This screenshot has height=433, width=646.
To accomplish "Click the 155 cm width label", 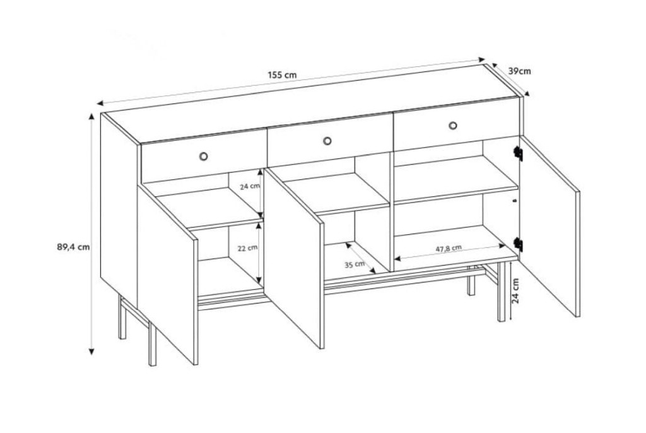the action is [282, 75].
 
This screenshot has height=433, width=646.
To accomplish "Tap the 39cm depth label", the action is [519, 71].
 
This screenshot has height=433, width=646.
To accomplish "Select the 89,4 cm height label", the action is [73, 247].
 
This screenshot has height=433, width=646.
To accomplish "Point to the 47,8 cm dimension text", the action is [449, 248].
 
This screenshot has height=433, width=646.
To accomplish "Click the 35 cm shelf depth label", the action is [355, 264].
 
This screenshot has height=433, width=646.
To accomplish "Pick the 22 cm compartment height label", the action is [247, 248].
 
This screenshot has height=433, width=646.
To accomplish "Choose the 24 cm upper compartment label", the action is [250, 186].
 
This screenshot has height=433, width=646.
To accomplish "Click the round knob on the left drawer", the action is [203, 156].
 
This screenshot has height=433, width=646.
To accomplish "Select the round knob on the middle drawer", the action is [327, 141].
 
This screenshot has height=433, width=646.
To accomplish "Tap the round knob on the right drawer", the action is [453, 126].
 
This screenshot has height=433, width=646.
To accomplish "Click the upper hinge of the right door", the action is [519, 153].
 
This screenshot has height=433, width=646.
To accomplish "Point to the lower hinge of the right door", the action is [519, 244].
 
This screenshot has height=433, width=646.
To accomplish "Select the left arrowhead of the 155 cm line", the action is [100, 103].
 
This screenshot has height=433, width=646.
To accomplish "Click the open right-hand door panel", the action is [550, 226].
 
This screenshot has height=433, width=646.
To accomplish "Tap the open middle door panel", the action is [294, 258].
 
